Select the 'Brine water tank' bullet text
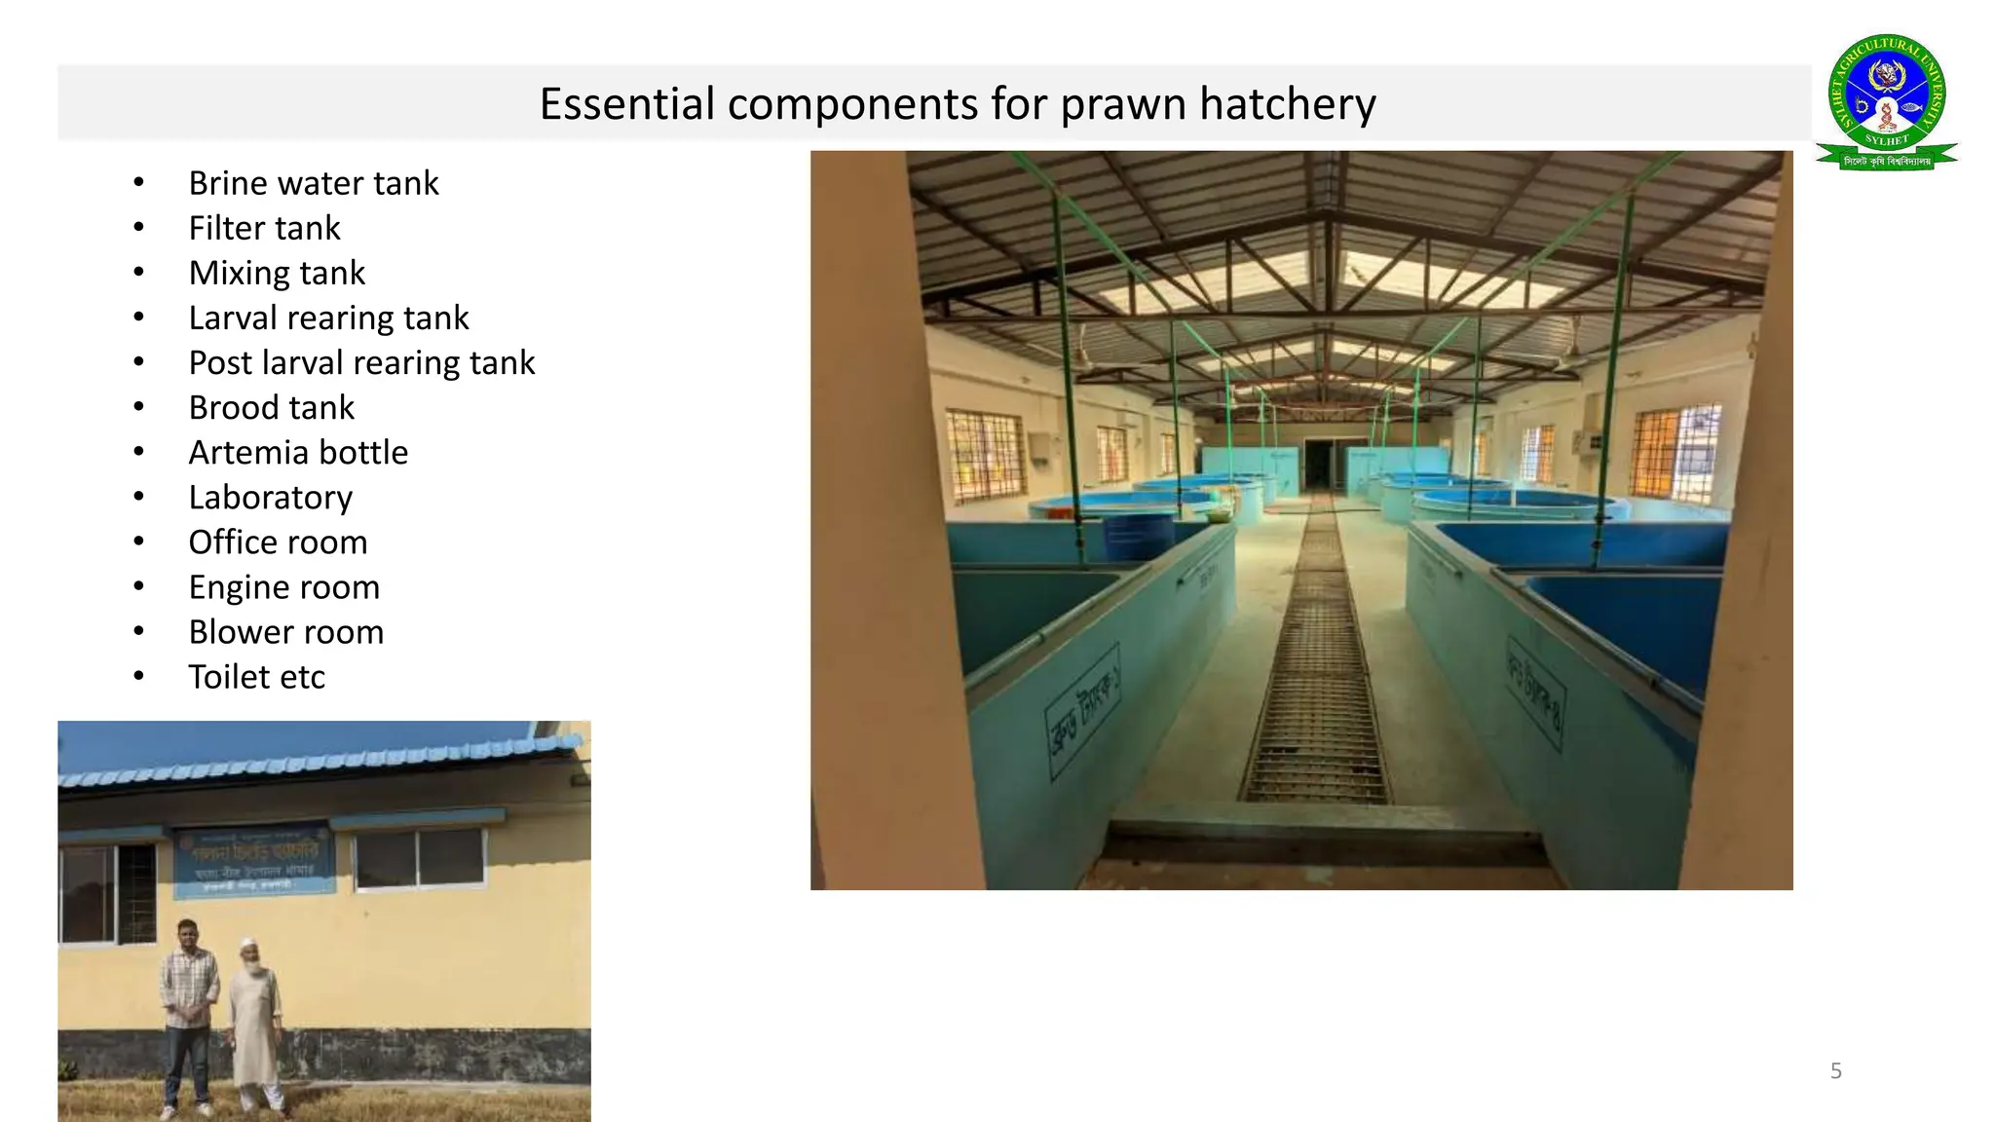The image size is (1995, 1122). click(313, 183)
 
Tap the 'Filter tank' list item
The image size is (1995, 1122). click(264, 228)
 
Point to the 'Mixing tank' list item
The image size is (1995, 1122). click(277, 273)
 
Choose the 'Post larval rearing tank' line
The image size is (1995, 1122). click(361, 362)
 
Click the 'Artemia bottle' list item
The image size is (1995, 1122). click(298, 452)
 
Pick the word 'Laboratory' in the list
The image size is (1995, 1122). click(270, 497)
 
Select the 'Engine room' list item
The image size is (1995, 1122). click(283, 587)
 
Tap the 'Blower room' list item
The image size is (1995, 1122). click(285, 632)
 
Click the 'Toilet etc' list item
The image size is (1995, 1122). click(256, 677)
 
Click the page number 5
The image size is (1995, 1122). click(1835, 1071)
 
